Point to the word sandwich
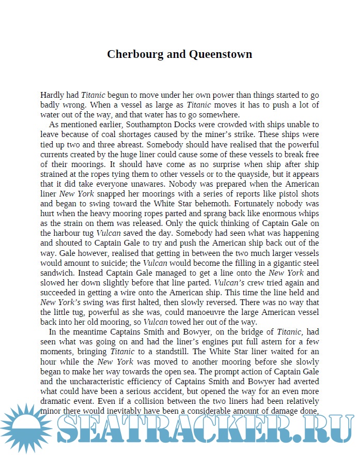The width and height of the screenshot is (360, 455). pyautogui.click(x=58, y=272)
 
